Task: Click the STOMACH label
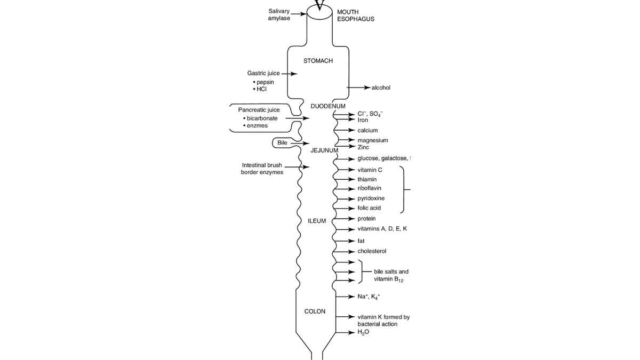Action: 318,61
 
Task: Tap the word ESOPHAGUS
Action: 356,19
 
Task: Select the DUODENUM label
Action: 328,106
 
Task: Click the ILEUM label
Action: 317,221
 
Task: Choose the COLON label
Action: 315,311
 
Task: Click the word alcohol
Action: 381,87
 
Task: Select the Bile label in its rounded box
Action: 282,143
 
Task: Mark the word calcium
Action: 367,130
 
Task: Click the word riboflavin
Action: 369,188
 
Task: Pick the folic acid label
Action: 369,208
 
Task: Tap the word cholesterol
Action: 372,251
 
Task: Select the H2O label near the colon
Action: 363,332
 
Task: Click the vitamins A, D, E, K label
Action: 382,229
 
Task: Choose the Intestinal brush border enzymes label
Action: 262,169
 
